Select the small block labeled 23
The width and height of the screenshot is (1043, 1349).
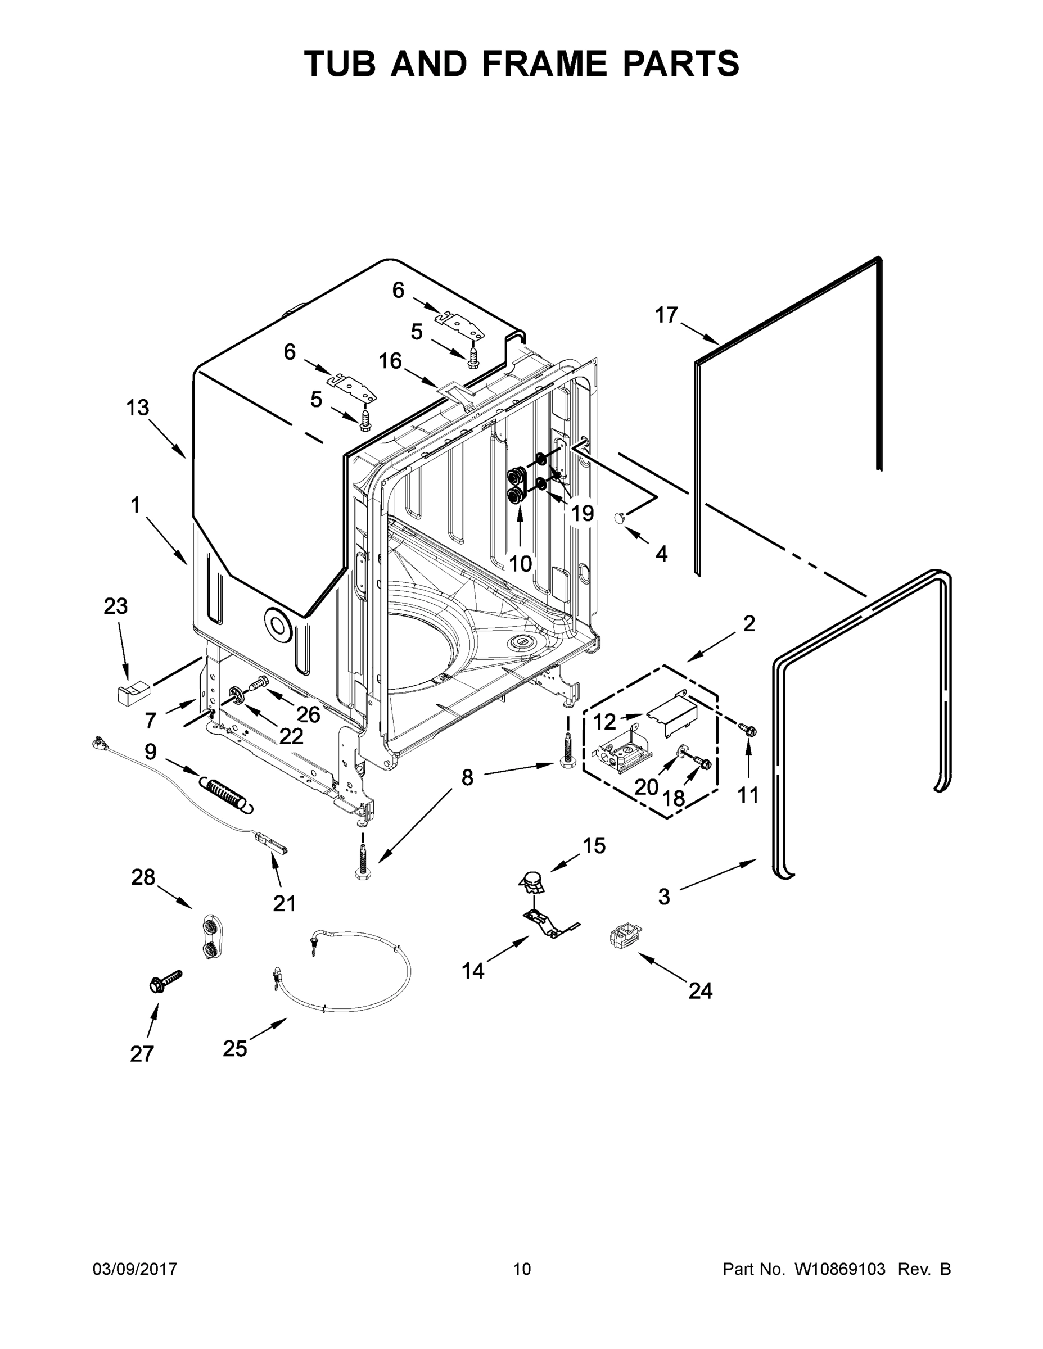[x=133, y=692]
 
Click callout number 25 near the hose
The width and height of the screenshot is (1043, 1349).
[x=235, y=1048]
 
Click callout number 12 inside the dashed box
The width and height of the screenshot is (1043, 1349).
[x=605, y=722]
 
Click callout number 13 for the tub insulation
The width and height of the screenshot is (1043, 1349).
[x=138, y=408]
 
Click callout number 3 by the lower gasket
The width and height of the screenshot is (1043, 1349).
[x=663, y=897]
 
